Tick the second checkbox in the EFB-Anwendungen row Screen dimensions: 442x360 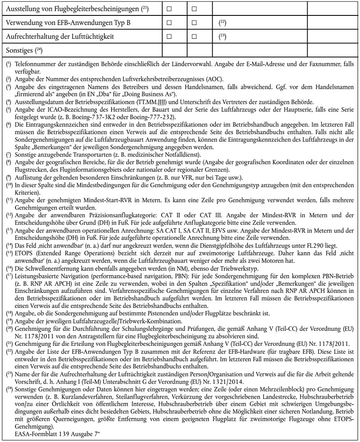tap(194, 22)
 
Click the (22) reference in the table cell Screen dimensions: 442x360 tap(222, 22)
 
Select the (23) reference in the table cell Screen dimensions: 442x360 tap(222, 36)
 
